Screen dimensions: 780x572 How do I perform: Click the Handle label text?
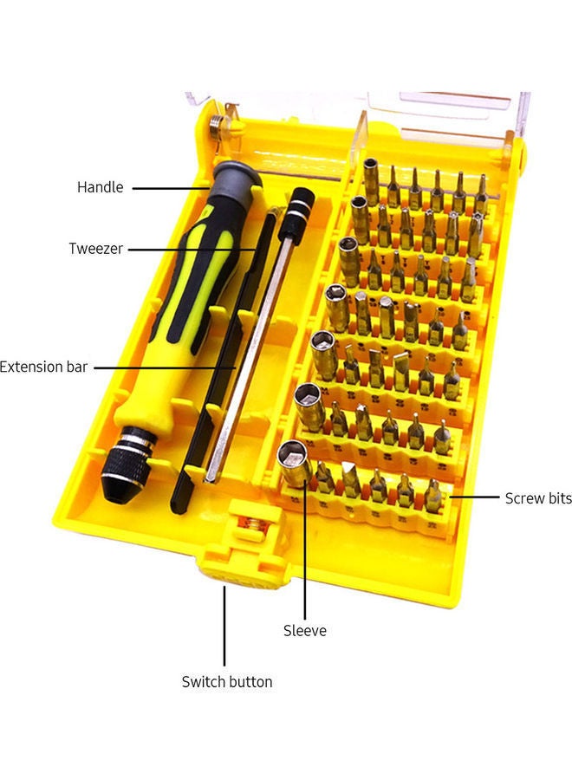(x=101, y=187)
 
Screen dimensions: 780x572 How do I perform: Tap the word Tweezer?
(x=96, y=249)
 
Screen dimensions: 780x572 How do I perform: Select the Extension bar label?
(x=44, y=367)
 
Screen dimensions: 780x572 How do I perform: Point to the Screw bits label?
(x=538, y=498)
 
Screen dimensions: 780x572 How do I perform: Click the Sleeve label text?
(x=305, y=631)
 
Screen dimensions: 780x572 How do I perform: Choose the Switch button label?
(x=227, y=682)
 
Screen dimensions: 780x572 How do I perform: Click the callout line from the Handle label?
(x=169, y=186)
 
